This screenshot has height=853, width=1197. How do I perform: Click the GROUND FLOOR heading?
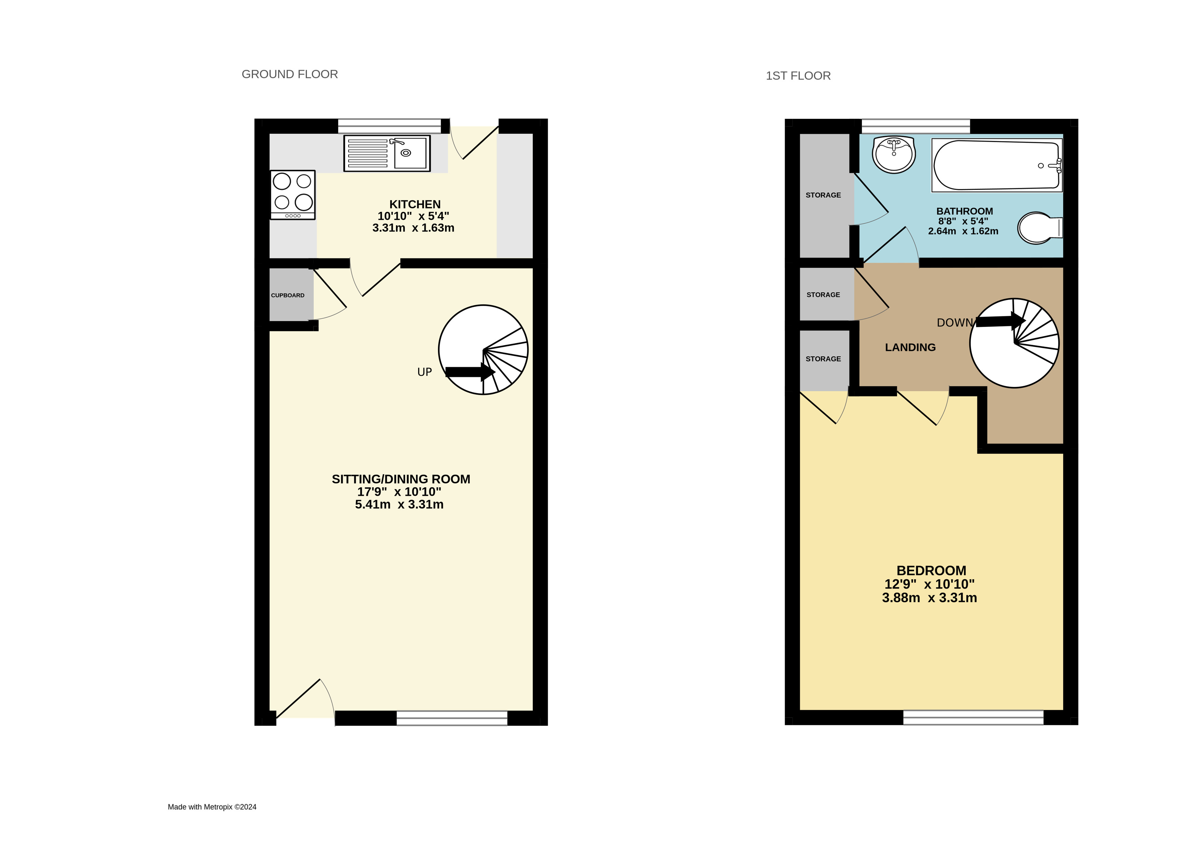pyautogui.click(x=290, y=74)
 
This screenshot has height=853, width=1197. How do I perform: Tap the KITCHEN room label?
pyautogui.click(x=415, y=204)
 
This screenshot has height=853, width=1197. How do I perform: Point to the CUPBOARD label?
pyautogui.click(x=288, y=295)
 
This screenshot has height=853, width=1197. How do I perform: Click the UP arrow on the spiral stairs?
pyautogui.click(x=470, y=372)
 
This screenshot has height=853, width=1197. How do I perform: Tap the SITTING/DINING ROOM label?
pyautogui.click(x=401, y=479)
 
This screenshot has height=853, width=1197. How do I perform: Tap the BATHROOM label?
pyautogui.click(x=965, y=211)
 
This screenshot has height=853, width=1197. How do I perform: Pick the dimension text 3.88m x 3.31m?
pyautogui.click(x=929, y=598)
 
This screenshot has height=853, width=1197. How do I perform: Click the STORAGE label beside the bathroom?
pyautogui.click(x=823, y=195)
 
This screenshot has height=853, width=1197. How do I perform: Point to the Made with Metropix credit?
pyautogui.click(x=212, y=807)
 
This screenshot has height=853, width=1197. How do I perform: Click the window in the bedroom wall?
pyautogui.click(x=973, y=717)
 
